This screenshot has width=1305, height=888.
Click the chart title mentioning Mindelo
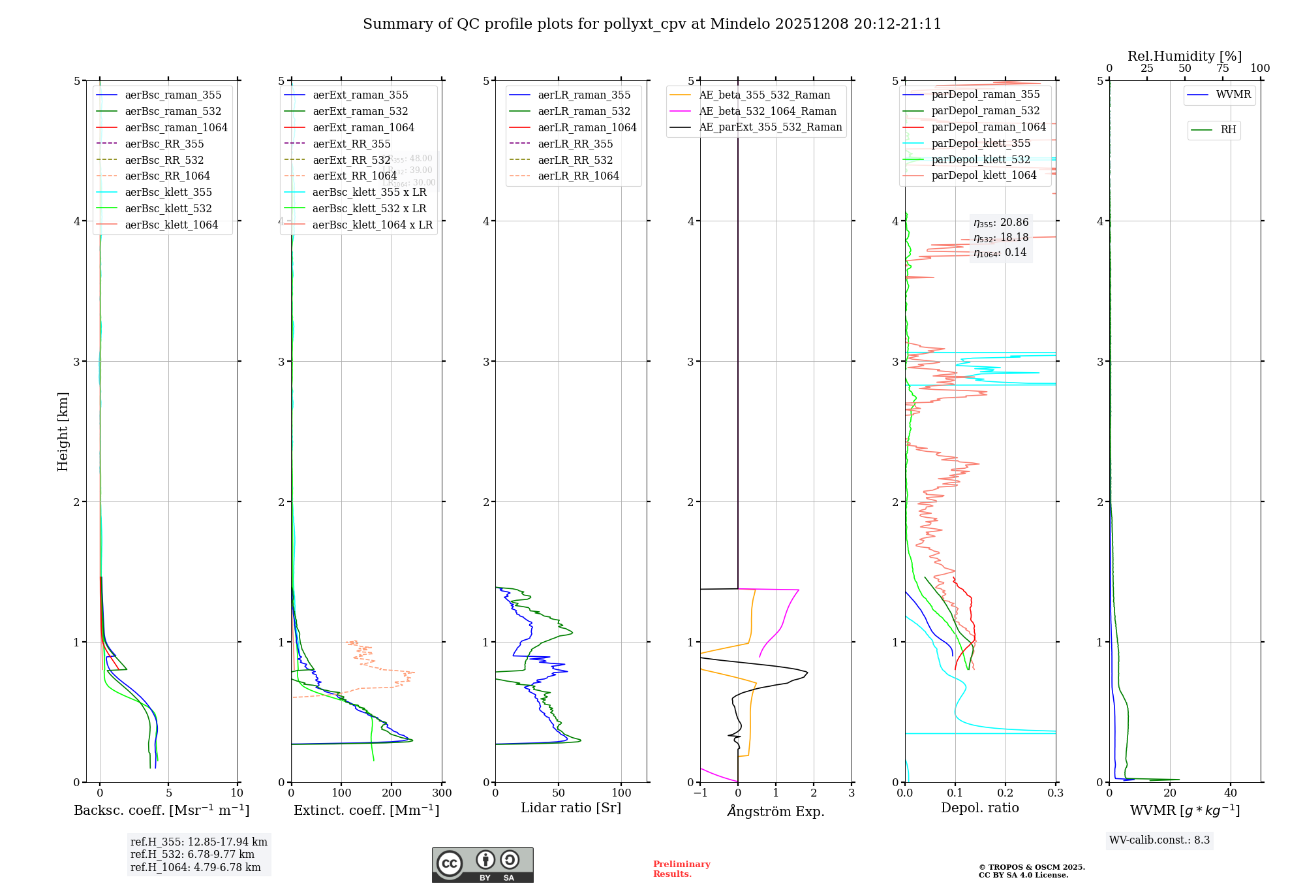[x=652, y=24]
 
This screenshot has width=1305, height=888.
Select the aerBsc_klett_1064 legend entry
[x=171, y=225]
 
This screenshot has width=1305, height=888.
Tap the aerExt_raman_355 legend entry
[x=360, y=95]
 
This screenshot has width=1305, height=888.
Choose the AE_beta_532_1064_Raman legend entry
[x=767, y=111]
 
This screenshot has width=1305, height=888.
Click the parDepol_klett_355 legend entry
[x=981, y=143]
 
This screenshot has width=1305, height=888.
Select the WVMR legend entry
[x=1233, y=95]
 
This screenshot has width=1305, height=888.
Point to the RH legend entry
[x=1228, y=130]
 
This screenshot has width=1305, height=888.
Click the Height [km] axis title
[x=63, y=431]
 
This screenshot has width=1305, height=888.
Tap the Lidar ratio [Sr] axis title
[x=571, y=808]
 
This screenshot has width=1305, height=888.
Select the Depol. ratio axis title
[x=979, y=808]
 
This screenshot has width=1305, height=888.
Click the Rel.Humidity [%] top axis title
[x=1184, y=56]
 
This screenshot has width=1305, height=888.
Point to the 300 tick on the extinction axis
[x=442, y=793]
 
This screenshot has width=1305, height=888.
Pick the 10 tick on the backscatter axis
[x=237, y=793]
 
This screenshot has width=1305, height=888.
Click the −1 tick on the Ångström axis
[x=700, y=793]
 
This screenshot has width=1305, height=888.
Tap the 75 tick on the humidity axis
[x=1222, y=69]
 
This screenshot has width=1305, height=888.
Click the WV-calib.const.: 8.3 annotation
[x=1159, y=840]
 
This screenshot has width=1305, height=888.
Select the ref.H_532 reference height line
[x=192, y=855]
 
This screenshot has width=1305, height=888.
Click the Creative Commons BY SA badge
[x=482, y=865]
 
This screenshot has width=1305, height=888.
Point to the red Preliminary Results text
[x=681, y=869]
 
